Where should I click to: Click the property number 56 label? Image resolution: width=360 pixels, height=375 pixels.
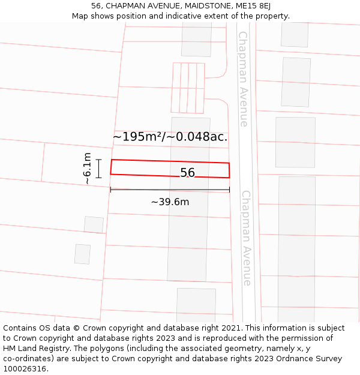click(187, 173)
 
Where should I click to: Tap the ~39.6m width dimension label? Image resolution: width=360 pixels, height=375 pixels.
click(170, 202)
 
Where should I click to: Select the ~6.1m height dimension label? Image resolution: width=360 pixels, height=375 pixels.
click(87, 169)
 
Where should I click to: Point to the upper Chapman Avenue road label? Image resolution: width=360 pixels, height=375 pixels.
click(243, 79)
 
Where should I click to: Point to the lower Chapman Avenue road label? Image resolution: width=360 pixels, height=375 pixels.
click(246, 238)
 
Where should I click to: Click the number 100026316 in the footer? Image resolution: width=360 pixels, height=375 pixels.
click(25, 369)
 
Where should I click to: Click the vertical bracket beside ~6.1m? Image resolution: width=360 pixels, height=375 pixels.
click(99, 169)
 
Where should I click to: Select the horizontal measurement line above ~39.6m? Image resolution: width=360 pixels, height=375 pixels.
click(170, 190)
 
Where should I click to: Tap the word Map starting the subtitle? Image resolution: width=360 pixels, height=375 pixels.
click(80, 16)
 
